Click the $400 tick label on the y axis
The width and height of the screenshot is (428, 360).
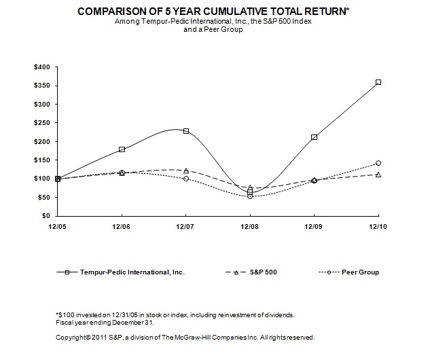(x=42, y=67)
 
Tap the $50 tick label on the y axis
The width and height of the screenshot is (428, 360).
(x=44, y=197)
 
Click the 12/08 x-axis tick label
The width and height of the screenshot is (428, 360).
(x=250, y=226)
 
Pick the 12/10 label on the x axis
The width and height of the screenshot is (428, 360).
(x=378, y=226)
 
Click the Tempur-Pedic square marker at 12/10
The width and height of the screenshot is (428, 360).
(x=378, y=82)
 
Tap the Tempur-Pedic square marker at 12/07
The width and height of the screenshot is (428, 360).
(x=186, y=131)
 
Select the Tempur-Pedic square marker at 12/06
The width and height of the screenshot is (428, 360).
(x=122, y=149)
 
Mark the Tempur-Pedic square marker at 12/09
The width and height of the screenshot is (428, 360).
(x=314, y=137)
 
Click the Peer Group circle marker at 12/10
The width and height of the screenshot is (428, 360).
(x=378, y=163)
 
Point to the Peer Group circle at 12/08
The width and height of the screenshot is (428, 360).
(x=250, y=196)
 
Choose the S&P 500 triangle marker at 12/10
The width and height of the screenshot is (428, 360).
(x=378, y=175)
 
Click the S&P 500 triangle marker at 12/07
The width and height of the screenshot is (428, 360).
(x=186, y=170)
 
